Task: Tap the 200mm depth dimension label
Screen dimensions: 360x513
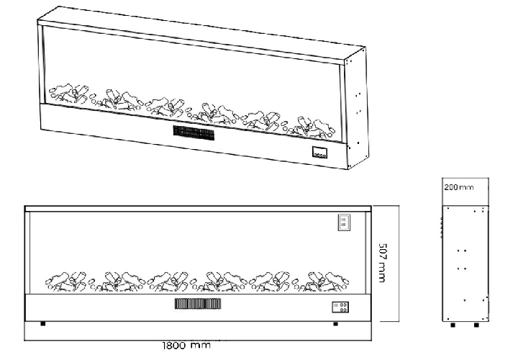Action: (x=460, y=187)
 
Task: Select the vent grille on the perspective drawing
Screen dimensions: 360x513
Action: (x=194, y=133)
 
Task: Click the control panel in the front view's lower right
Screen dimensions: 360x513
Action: (x=342, y=307)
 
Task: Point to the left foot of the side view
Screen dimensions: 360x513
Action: (x=453, y=325)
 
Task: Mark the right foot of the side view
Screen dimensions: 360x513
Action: (x=476, y=325)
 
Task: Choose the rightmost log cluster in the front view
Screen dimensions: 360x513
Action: (x=327, y=281)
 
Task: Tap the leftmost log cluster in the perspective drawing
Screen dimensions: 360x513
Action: (x=68, y=93)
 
